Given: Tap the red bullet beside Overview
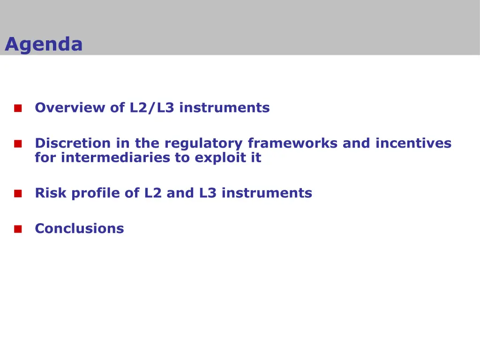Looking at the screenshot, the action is [18, 108].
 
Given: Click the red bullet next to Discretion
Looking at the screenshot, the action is [18, 143].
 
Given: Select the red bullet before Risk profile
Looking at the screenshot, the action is [18, 194].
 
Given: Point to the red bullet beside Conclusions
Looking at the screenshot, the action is [18, 229].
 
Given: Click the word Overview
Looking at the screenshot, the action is [70, 107].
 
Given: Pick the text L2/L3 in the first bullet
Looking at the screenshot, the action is [152, 107].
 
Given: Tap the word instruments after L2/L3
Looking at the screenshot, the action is [225, 107].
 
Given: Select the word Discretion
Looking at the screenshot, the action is [73, 143].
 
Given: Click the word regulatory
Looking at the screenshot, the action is [203, 143].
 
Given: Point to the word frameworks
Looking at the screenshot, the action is [292, 143].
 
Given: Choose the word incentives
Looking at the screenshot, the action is [413, 143].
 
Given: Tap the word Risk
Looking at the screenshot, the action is [51, 193].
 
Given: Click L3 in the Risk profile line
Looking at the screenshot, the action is [208, 193].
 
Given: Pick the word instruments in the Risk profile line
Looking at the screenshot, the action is [267, 193].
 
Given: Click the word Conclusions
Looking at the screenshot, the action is [80, 228].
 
